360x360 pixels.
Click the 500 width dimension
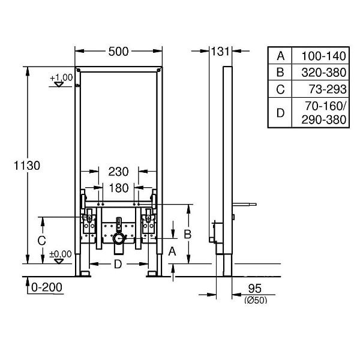click(x=118, y=52)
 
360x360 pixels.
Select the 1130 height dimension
click(x=27, y=166)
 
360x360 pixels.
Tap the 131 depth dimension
click(x=220, y=52)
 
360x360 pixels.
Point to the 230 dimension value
click(x=118, y=172)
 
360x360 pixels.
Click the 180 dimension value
click(x=118, y=188)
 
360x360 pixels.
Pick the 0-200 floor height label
click(x=47, y=287)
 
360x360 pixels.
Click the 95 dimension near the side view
click(x=255, y=289)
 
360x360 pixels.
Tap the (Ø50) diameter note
click(x=256, y=300)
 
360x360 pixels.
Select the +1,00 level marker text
click(x=61, y=77)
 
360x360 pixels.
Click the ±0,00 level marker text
click(x=61, y=254)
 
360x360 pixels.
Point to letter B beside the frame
click(x=188, y=235)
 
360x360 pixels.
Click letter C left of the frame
click(x=41, y=241)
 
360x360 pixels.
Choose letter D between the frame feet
click(x=118, y=264)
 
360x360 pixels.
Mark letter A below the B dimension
click(x=172, y=251)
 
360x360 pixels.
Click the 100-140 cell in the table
click(x=323, y=56)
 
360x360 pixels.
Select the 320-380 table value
click(x=324, y=73)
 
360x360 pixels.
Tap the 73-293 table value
click(x=328, y=89)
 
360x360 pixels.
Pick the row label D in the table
click(x=280, y=113)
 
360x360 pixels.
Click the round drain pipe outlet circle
click(x=119, y=239)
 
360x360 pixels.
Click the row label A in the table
click(x=281, y=56)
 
